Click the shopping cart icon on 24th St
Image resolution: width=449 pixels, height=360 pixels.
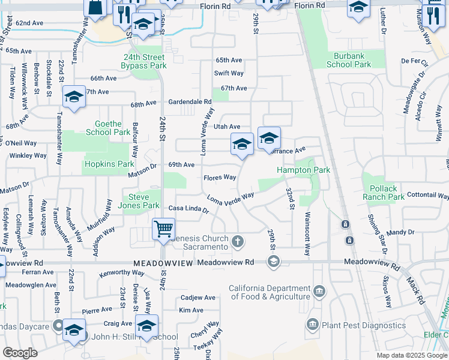pyautogui.click(x=163, y=229)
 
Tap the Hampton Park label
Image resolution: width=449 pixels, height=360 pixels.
pyautogui.click(x=303, y=170)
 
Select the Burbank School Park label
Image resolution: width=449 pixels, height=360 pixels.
pyautogui.click(x=349, y=59)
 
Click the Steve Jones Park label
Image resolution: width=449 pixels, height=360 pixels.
pyautogui.click(x=141, y=201)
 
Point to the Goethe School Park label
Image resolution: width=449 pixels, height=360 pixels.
pyautogui.click(x=108, y=128)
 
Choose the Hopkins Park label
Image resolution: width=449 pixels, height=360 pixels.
pyautogui.click(x=109, y=164)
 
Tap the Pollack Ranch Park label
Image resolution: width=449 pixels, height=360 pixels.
pyautogui.click(x=384, y=193)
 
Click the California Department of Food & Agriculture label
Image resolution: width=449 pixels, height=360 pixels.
pyautogui.click(x=270, y=292)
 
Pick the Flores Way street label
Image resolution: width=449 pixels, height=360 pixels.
pyautogui.click(x=219, y=178)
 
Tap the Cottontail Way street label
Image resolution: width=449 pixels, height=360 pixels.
pyautogui.click(x=427, y=196)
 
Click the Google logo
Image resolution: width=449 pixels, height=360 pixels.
pyautogui.click(x=20, y=353)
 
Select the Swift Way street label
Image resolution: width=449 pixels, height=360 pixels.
pyautogui.click(x=229, y=73)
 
